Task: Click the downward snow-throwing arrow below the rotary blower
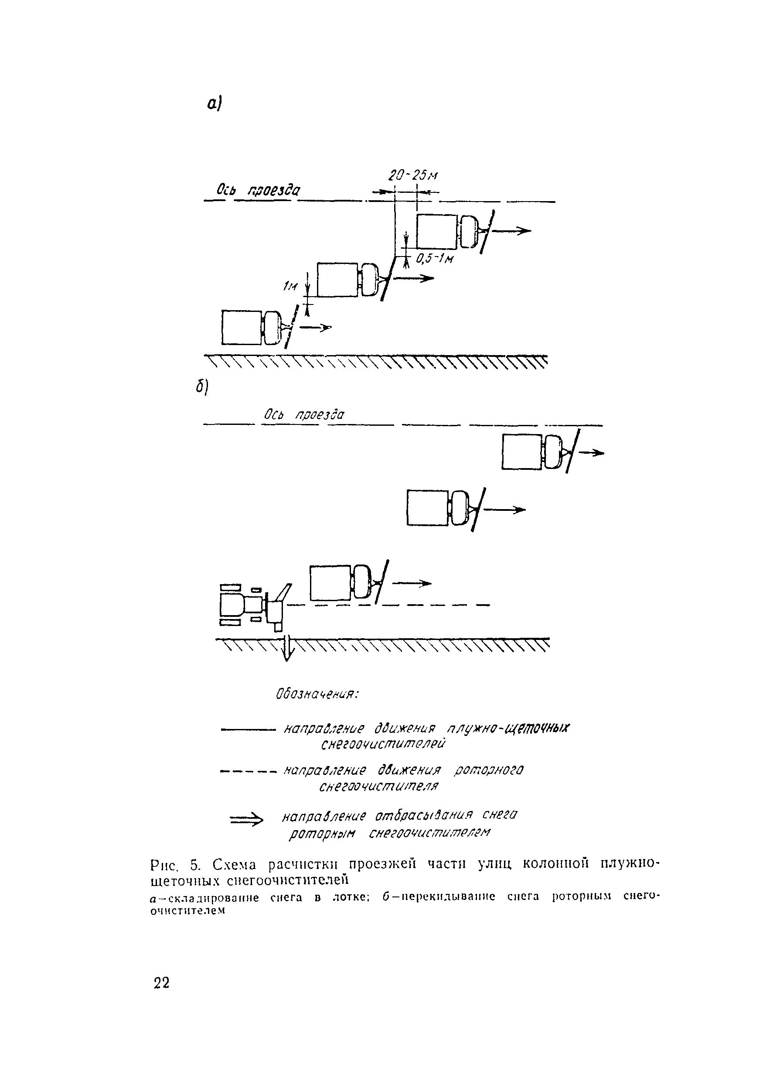(x=287, y=649)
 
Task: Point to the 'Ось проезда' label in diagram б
(x=304, y=414)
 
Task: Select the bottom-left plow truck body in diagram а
(x=242, y=327)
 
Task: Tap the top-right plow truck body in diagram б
(x=521, y=452)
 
